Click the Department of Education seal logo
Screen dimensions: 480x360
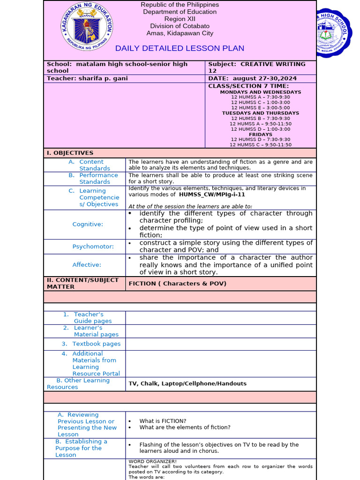[87, 28]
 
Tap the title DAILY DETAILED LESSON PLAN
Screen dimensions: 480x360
[180, 48]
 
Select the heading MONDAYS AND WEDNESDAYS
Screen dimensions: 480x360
[261, 92]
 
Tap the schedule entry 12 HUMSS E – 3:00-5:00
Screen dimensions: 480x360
[261, 108]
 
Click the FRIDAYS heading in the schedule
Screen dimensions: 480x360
[261, 135]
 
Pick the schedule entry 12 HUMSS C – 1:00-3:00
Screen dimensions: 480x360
[261, 102]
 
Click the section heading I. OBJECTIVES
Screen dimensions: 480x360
[70, 153]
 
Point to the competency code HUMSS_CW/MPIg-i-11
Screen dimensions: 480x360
[212, 195]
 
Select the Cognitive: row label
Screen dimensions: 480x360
[88, 225]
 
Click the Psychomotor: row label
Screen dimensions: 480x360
[93, 247]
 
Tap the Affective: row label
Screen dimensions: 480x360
[87, 265]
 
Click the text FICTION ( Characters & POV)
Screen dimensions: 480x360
[178, 284]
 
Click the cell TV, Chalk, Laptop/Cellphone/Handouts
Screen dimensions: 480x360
[187, 384]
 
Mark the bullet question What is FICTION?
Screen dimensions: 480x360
[163, 421]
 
